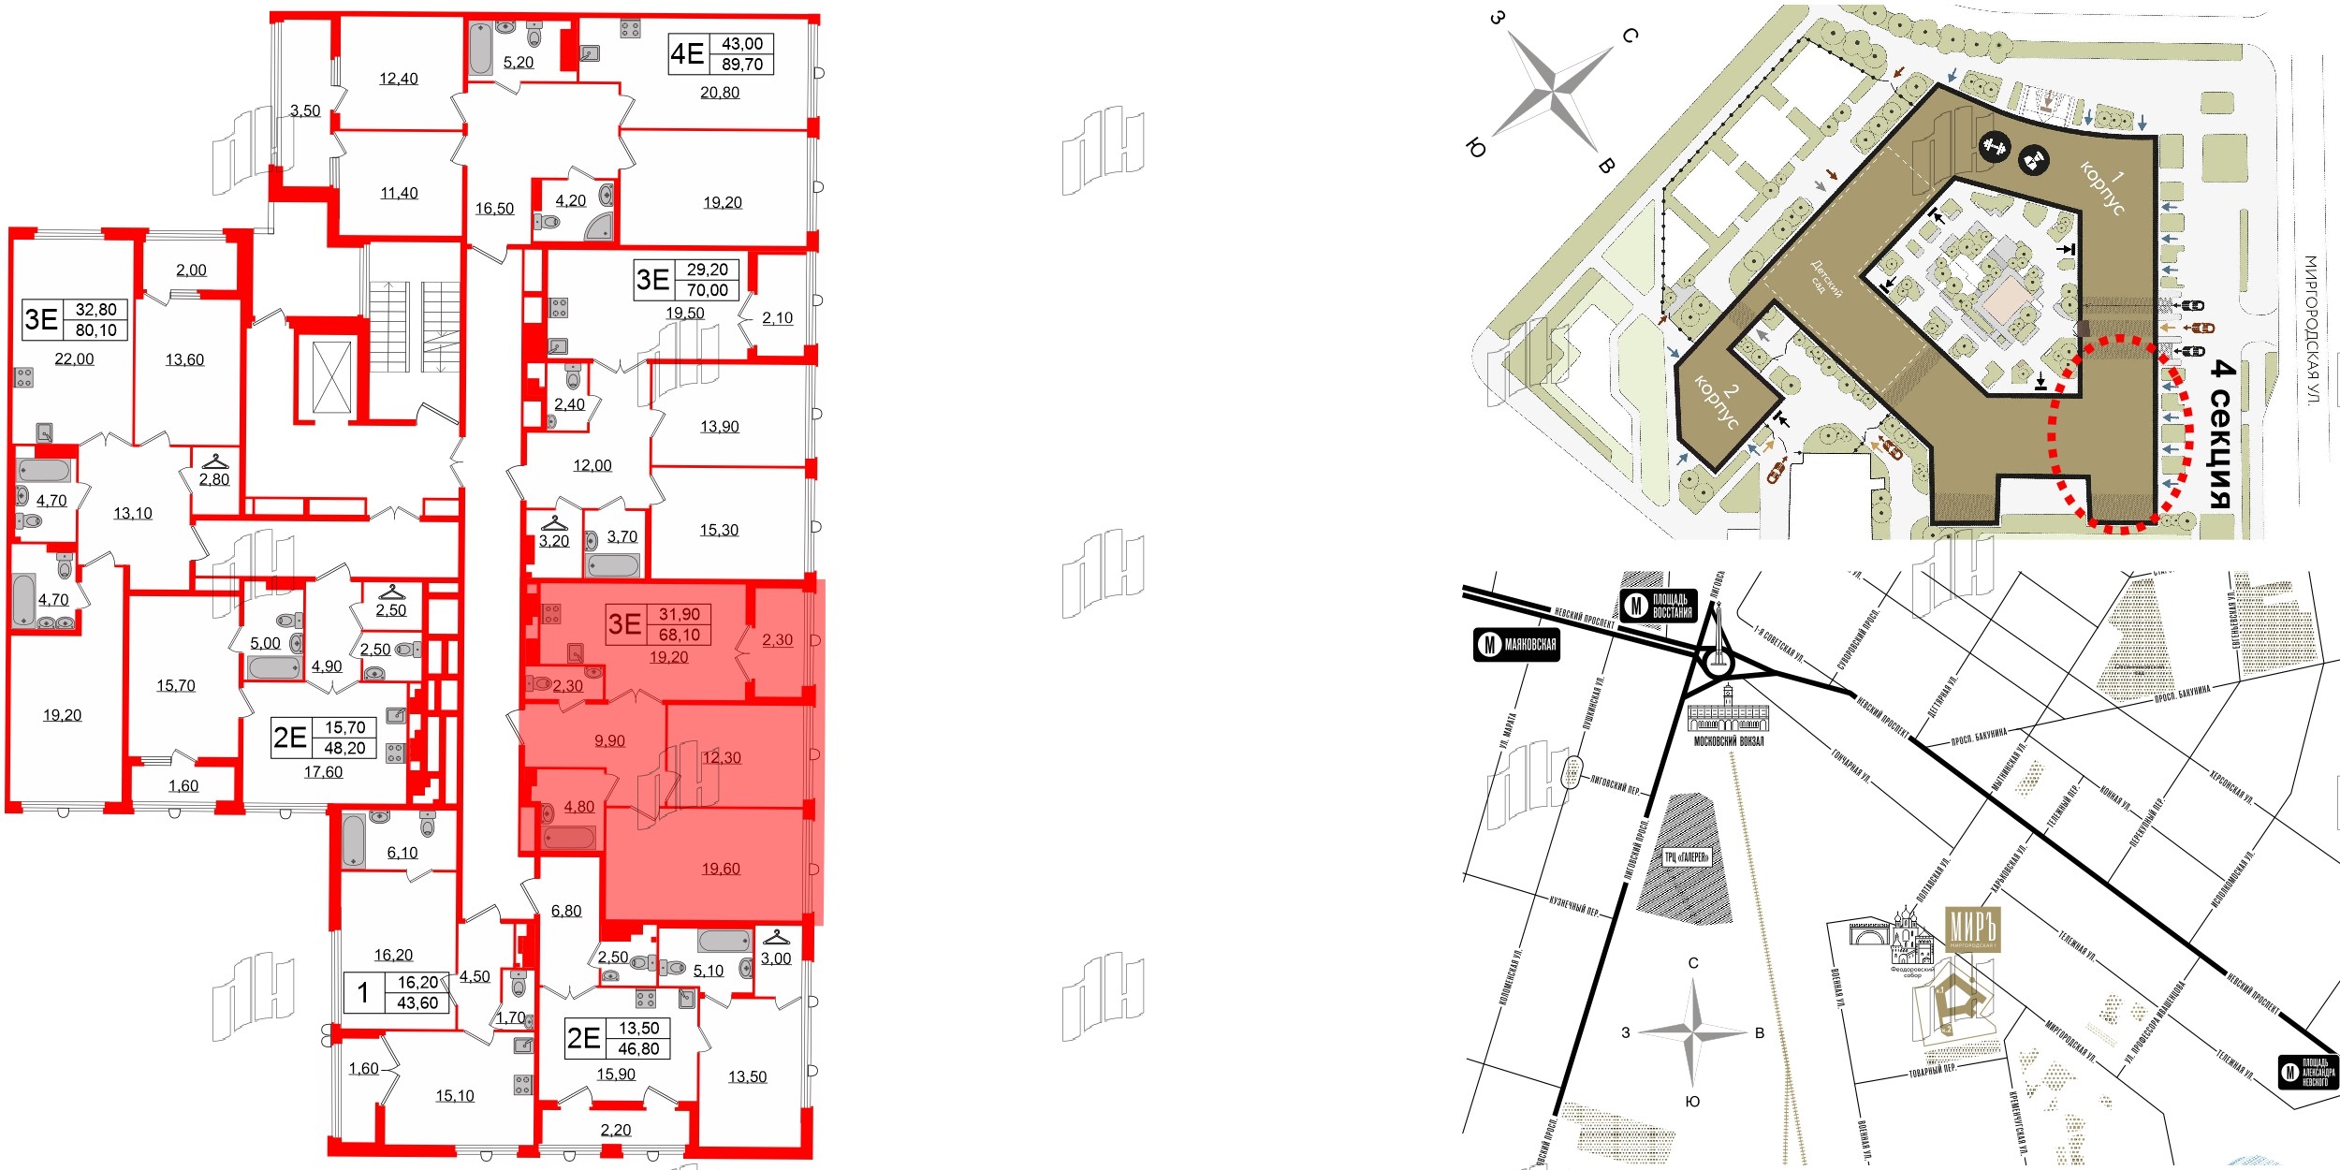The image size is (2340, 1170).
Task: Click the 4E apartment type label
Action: coord(687,53)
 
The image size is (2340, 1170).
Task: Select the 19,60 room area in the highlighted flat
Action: coord(721,869)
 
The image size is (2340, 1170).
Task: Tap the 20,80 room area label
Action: coord(720,93)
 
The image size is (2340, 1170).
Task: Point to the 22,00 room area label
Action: coord(74,358)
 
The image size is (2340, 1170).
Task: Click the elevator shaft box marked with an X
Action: coord(331,377)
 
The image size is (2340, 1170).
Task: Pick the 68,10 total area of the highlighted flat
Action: coord(680,635)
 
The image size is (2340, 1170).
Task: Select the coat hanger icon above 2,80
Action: coord(215,461)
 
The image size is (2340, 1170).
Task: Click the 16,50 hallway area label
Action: coord(494,209)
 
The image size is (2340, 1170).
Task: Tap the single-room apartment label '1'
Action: coord(363,992)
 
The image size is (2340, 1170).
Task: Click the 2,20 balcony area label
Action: coord(615,1130)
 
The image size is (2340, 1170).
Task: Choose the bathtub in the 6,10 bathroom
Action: coord(354,841)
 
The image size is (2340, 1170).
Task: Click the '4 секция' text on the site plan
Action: coord(2221,435)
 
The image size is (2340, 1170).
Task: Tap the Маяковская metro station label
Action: coord(1516,644)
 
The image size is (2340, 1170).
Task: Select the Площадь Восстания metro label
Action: coord(1658,606)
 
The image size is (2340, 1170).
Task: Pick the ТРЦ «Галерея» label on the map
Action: coord(1687,856)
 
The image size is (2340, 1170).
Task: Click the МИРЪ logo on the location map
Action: coord(1972,929)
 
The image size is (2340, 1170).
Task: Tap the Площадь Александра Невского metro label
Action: coord(2306,1072)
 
